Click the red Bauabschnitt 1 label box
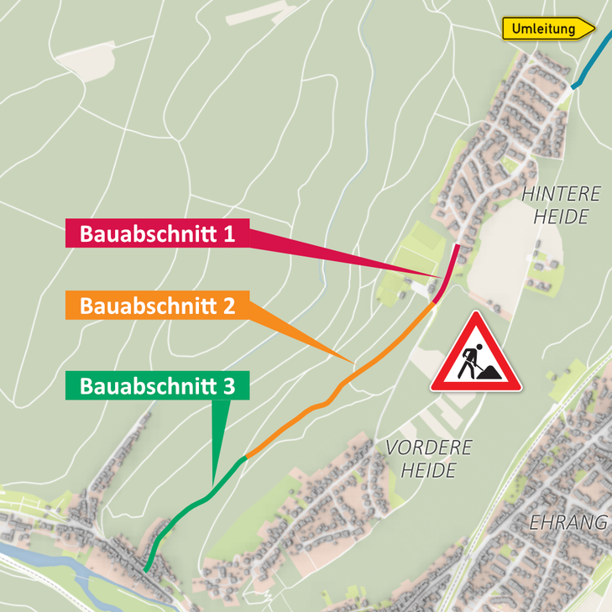pyautogui.click(x=157, y=233)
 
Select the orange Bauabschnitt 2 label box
pyautogui.click(x=157, y=305)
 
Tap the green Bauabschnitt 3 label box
pyautogui.click(x=157, y=386)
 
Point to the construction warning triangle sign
pyautogui.click(x=475, y=357)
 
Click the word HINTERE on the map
pyautogui.click(x=561, y=194)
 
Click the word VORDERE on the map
pyautogui.click(x=428, y=447)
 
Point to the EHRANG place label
pyautogui.click(x=568, y=522)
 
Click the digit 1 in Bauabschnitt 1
pyautogui.click(x=230, y=233)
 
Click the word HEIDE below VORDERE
pyautogui.click(x=428, y=470)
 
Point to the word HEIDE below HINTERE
pyautogui.click(x=561, y=217)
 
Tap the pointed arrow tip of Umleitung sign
pyautogui.click(x=591, y=29)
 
